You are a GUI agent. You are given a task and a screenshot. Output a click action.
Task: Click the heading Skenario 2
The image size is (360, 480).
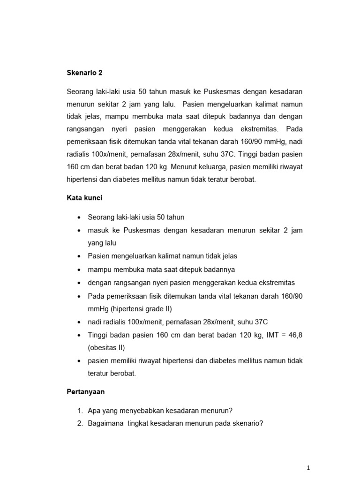coord(84,73)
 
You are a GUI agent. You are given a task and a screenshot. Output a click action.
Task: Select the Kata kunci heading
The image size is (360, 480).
coord(84,198)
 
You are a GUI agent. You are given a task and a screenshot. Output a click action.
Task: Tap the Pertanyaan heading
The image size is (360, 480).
coord(86,392)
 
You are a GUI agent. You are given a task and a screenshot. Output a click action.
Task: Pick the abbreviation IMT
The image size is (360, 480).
coord(269,335)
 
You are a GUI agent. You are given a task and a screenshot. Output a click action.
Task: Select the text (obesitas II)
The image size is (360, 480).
coord(106,348)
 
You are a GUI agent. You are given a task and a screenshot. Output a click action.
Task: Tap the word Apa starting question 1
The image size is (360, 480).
coord(94,411)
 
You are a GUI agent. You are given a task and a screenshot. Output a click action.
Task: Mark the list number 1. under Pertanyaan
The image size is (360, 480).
coord(80,411)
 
